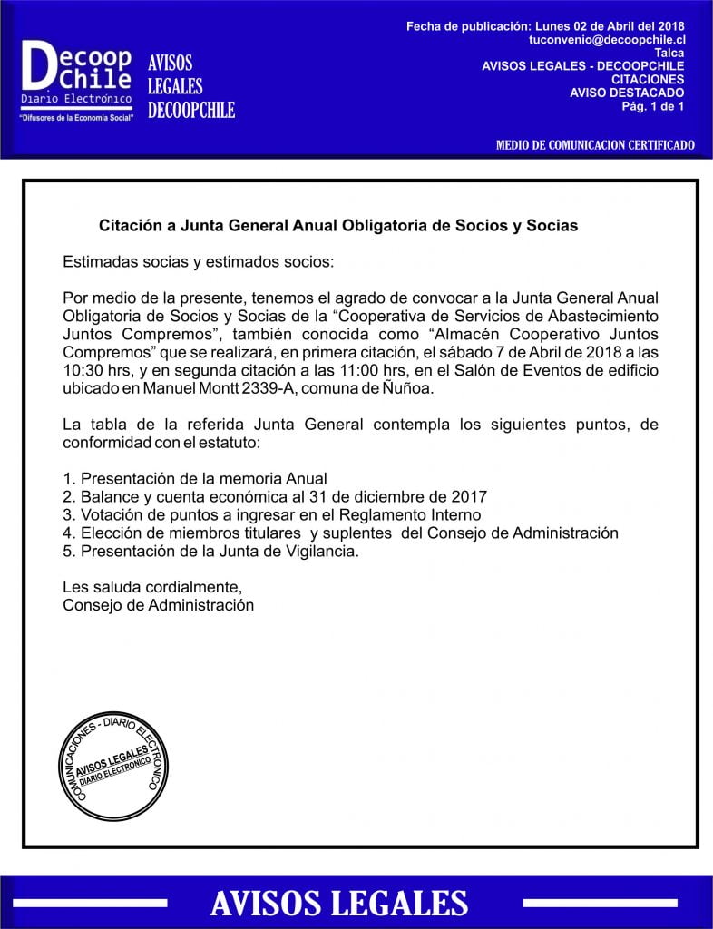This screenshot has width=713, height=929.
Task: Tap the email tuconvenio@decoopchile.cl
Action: point(607,40)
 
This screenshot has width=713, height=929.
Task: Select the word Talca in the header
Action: point(669,53)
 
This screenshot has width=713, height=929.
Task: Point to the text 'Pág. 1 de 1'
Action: point(652,105)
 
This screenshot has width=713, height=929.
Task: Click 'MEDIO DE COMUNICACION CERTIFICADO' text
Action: point(596,145)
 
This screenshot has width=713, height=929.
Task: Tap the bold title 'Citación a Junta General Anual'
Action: point(337,225)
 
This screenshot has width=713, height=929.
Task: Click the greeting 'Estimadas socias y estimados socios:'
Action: point(199,262)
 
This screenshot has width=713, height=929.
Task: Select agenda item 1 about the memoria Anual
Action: point(195,478)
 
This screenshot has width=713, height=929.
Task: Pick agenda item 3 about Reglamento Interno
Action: point(271,514)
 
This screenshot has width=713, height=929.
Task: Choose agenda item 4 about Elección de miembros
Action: point(340,533)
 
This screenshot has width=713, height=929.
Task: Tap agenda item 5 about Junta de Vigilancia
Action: point(210,551)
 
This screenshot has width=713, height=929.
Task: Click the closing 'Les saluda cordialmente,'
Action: point(152,586)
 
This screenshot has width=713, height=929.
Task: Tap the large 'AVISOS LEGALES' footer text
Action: point(338,902)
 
